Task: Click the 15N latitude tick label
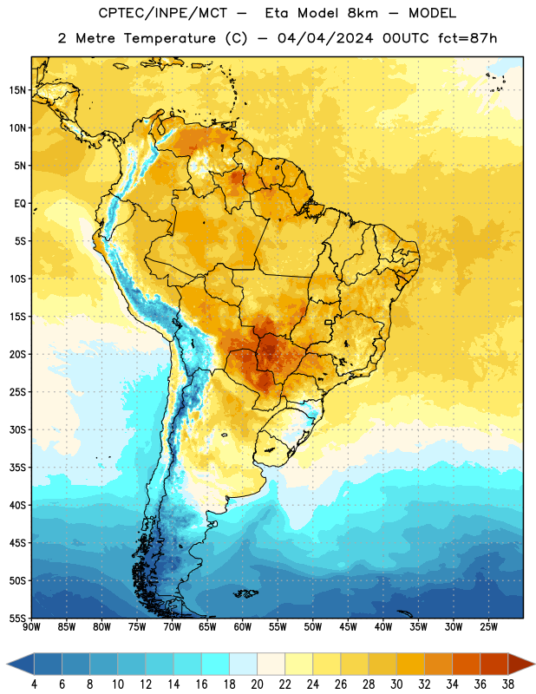pyautogui.click(x=17, y=90)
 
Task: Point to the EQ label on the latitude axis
pyautogui.click(x=20, y=204)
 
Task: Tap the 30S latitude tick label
pyautogui.click(x=17, y=429)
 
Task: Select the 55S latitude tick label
pyautogui.click(x=17, y=618)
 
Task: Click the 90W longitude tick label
pyautogui.click(x=31, y=627)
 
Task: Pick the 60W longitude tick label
pyautogui.click(x=243, y=627)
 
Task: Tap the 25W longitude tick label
pyautogui.click(x=488, y=627)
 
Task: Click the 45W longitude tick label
pyautogui.click(x=348, y=627)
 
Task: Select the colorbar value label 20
pyautogui.click(x=257, y=684)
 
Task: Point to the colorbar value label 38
pyautogui.click(x=508, y=684)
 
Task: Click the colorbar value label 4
pyautogui.click(x=34, y=684)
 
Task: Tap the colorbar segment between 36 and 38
pyautogui.click(x=494, y=664)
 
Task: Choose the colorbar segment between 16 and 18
pyautogui.click(x=215, y=664)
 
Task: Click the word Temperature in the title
pyautogui.click(x=169, y=38)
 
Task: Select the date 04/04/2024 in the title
pyautogui.click(x=325, y=38)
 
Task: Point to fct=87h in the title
pyautogui.click(x=467, y=38)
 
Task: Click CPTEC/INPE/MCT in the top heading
pyautogui.click(x=162, y=13)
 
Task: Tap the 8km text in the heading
pyautogui.click(x=363, y=13)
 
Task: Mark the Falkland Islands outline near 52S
pyautogui.click(x=245, y=593)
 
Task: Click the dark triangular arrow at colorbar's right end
pyautogui.click(x=520, y=664)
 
